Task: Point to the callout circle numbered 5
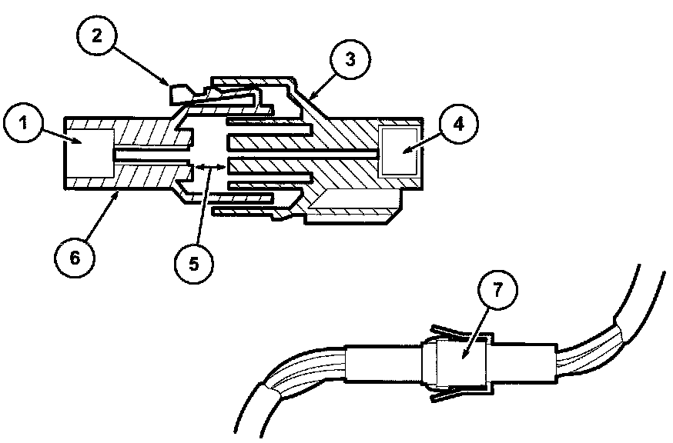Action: click(193, 261)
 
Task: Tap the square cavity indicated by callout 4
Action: click(400, 152)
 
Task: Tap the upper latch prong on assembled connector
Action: click(447, 331)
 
